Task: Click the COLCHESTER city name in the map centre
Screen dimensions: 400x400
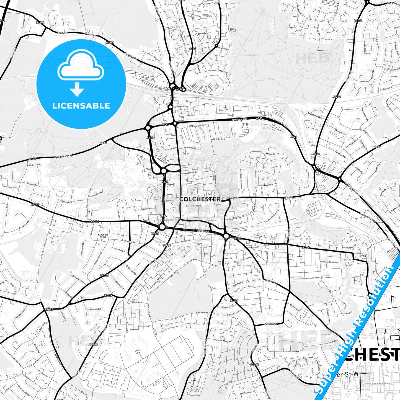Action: point(200,199)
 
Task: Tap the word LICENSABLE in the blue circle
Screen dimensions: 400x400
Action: point(81,106)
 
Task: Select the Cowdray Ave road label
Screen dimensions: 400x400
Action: point(239,120)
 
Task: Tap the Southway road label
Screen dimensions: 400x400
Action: point(203,231)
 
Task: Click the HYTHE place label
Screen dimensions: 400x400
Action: point(363,256)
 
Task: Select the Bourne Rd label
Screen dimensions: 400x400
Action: point(270,324)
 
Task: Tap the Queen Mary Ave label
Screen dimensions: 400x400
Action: point(224,341)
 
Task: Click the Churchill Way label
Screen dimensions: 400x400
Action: point(292,352)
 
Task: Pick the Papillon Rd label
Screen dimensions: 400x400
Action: point(146,209)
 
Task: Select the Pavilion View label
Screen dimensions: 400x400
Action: point(219,139)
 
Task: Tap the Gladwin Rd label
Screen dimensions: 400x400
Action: point(95,309)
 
